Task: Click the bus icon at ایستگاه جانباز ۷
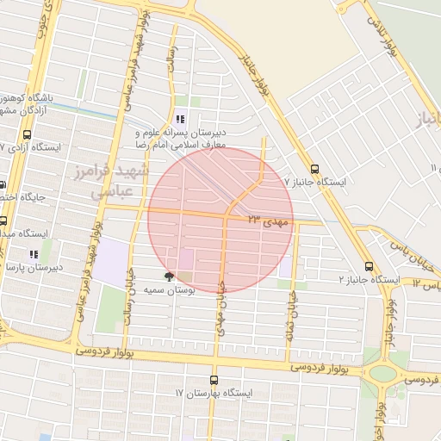pyautogui.click(x=314, y=169)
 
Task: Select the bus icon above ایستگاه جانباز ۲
pyautogui.click(x=369, y=266)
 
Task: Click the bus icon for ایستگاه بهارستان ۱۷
pyautogui.click(x=214, y=380)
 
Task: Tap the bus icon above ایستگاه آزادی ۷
pyautogui.click(x=28, y=135)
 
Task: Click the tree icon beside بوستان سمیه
pyautogui.click(x=169, y=277)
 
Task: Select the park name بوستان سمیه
pyautogui.click(x=169, y=291)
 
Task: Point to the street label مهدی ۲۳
pyautogui.click(x=270, y=220)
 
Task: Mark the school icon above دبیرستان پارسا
pyautogui.click(x=34, y=255)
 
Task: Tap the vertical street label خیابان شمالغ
pyautogui.click(x=292, y=310)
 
